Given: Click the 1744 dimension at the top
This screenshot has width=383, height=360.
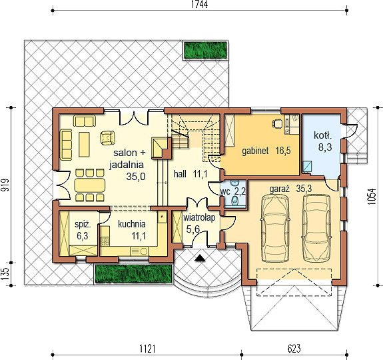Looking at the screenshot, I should click(x=199, y=5).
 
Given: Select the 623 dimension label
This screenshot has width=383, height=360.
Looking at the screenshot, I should click(x=295, y=348).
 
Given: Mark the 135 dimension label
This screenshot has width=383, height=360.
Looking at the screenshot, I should click(x=6, y=273).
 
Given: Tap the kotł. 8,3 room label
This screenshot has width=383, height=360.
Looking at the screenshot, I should click(x=324, y=142).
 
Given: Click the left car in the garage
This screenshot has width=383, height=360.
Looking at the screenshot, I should click(x=275, y=228).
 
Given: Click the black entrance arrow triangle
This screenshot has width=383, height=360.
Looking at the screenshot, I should click(x=200, y=260).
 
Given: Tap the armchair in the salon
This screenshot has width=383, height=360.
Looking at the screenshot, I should click(x=107, y=138).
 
